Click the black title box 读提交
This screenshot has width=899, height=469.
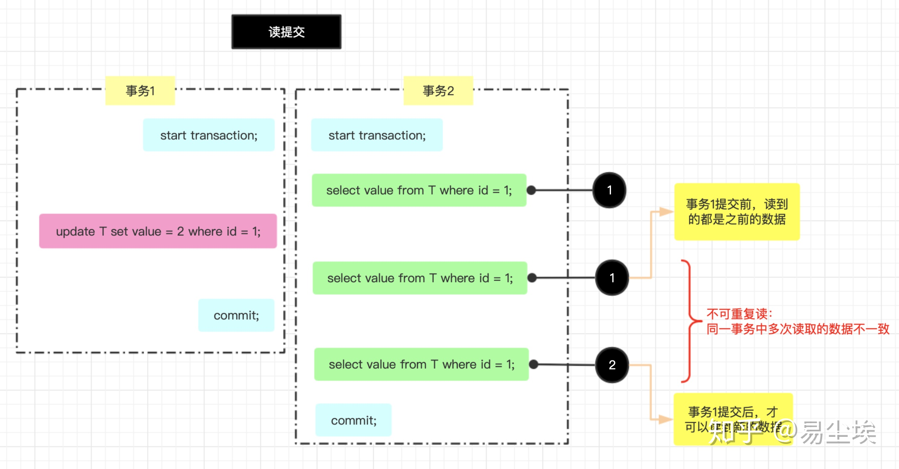click(286, 32)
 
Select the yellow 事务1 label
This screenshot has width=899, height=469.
click(140, 91)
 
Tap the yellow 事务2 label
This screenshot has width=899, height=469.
click(438, 91)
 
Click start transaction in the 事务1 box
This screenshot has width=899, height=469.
click(208, 135)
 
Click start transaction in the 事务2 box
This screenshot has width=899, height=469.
click(377, 135)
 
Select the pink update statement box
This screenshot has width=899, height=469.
click(158, 231)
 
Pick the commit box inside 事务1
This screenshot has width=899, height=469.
click(236, 315)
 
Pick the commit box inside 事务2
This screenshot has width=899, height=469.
click(353, 420)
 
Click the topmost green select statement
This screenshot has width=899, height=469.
click(419, 190)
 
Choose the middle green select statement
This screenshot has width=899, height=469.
click(420, 278)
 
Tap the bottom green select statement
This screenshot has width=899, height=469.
click(421, 364)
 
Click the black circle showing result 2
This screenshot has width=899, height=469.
click(612, 365)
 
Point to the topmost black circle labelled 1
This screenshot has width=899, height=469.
click(609, 190)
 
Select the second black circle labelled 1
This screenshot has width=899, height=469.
click(612, 278)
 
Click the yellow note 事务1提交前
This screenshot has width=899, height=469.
click(737, 212)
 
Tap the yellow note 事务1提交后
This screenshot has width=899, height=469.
click(733, 419)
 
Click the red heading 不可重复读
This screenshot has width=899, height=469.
click(739, 314)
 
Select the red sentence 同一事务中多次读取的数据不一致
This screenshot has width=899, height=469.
click(797, 329)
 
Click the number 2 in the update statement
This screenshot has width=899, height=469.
click(180, 231)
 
